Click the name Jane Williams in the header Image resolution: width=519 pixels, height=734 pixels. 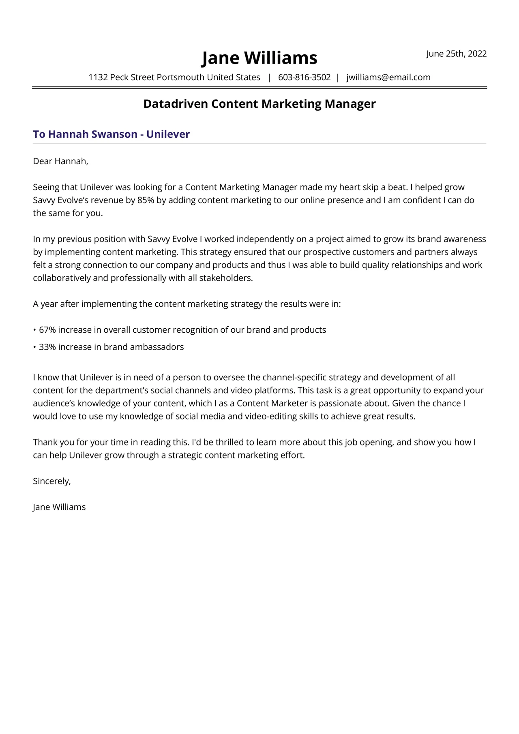(x=259, y=58)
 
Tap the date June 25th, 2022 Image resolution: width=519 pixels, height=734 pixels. (x=456, y=54)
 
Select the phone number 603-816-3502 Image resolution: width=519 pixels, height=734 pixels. (x=304, y=77)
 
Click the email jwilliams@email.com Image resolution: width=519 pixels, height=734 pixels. (x=388, y=77)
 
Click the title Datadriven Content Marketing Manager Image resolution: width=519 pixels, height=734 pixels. (x=259, y=104)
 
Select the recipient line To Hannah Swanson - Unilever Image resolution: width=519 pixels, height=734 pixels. (x=111, y=134)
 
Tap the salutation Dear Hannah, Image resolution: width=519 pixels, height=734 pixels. (x=60, y=161)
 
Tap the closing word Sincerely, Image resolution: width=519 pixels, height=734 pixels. (x=51, y=481)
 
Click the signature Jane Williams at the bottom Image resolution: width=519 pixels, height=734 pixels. (x=59, y=507)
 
